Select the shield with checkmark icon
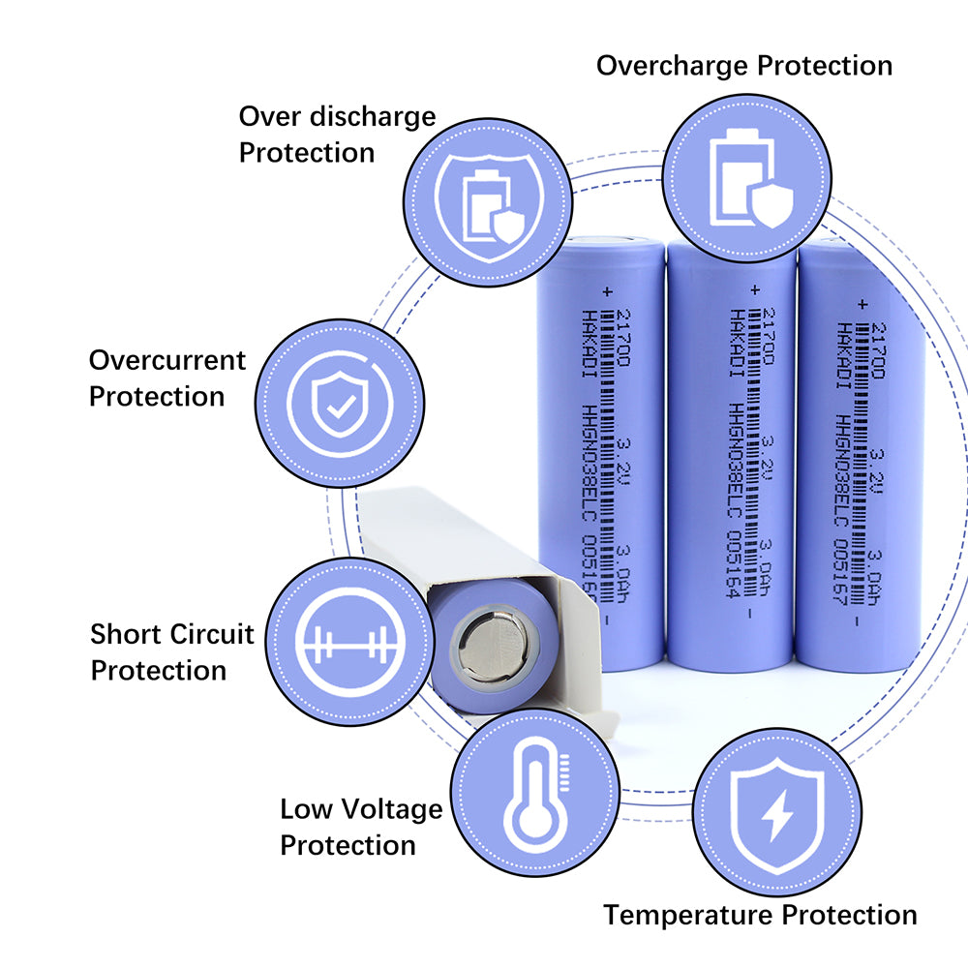click(x=339, y=403)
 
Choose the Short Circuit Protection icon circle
click(x=348, y=642)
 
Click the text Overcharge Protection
click(x=743, y=66)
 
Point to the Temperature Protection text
click(x=760, y=915)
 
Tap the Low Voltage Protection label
click(x=361, y=827)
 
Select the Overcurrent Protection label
click(x=167, y=378)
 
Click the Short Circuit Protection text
click(x=172, y=652)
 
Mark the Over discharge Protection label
click(x=337, y=135)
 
